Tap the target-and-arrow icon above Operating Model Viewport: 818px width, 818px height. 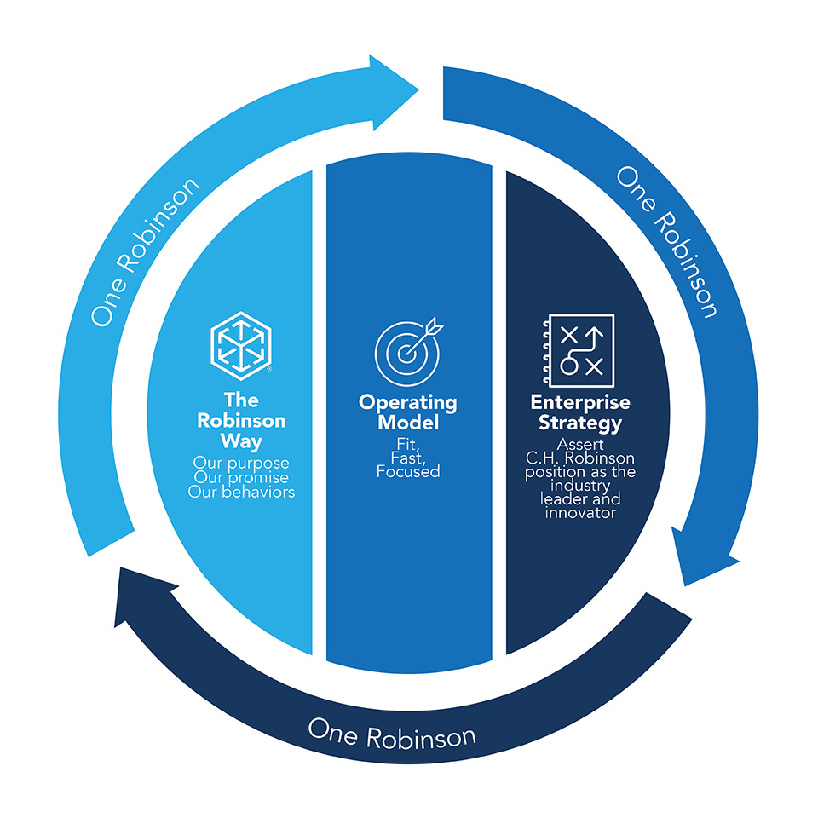[407, 352]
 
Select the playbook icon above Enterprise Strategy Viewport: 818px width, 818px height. [575, 349]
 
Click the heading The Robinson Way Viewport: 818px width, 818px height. [241, 421]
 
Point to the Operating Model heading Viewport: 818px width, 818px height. [407, 412]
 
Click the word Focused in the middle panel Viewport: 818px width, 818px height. [407, 470]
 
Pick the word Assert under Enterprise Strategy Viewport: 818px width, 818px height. [579, 444]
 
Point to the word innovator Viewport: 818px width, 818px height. [579, 513]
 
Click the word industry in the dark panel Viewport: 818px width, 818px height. [579, 485]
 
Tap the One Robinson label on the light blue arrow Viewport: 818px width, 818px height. [145, 252]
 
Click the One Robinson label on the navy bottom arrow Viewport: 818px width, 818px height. [392, 732]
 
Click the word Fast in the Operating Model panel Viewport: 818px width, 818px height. [407, 457]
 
